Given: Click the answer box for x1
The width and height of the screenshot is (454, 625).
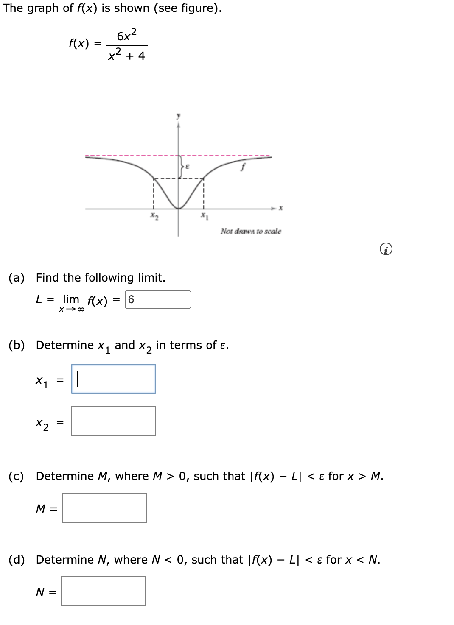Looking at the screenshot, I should (x=113, y=379).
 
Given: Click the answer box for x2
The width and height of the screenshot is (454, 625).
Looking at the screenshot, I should (x=113, y=421).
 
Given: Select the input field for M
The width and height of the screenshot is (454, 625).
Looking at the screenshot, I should (x=104, y=508).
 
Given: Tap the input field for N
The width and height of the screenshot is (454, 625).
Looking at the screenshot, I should (x=103, y=591).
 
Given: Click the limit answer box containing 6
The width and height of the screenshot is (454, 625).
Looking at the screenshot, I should (x=158, y=299).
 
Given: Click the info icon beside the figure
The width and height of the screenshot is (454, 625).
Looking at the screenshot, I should (x=386, y=250).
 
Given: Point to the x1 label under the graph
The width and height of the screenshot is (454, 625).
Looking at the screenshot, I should (x=204, y=217).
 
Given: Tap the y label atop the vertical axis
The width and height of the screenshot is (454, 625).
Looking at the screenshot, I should (x=178, y=115).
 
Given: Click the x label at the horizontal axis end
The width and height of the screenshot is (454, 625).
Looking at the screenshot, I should (x=281, y=208).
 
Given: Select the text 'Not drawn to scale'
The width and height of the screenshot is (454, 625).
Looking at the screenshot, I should (x=250, y=231).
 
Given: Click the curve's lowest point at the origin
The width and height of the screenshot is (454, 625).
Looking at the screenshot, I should (x=178, y=208).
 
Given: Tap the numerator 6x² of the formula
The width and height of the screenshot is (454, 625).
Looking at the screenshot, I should (x=126, y=36).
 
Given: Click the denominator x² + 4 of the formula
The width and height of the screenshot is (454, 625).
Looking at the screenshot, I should (x=126, y=55).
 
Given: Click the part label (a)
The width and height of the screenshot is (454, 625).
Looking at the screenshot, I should (x=17, y=278).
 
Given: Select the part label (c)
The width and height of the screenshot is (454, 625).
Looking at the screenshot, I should (x=17, y=476).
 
